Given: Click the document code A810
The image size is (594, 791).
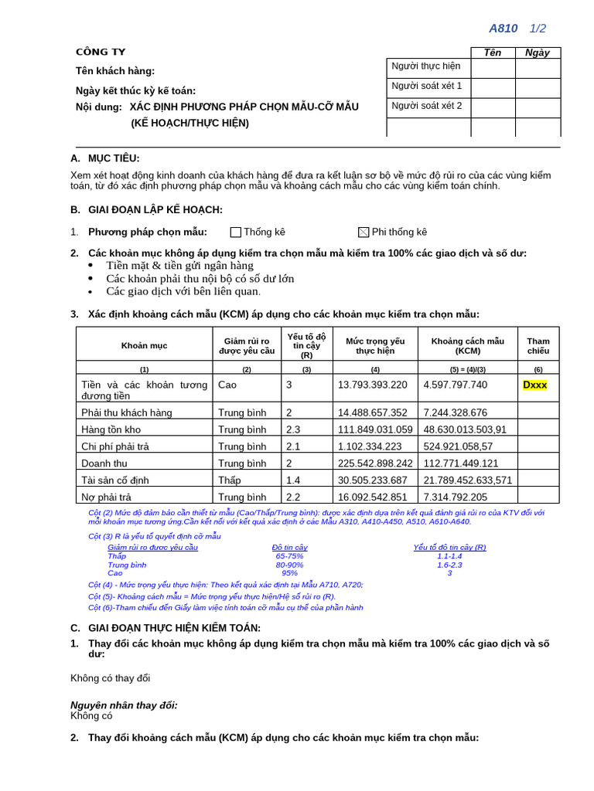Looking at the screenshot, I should (503, 29).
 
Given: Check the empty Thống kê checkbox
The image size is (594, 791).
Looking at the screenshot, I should (236, 233).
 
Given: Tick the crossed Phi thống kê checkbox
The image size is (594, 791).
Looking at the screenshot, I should (364, 233).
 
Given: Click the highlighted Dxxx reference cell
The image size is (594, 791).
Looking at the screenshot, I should (534, 385).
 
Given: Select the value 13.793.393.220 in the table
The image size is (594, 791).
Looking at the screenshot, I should (372, 385).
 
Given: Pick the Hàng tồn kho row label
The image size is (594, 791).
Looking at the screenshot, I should (111, 429).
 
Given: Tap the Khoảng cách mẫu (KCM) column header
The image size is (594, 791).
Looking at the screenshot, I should (467, 345).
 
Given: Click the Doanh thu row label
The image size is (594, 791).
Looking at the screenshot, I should (104, 463).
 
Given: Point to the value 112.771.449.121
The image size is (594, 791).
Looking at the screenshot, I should (461, 463).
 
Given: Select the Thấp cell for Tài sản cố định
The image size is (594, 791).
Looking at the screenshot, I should (230, 480).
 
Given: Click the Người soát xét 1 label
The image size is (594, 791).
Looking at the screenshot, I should (427, 86).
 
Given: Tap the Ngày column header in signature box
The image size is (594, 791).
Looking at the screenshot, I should (537, 53).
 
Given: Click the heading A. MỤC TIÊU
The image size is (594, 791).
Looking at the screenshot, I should (105, 158).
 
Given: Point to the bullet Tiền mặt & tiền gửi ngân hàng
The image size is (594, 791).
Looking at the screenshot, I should (179, 266).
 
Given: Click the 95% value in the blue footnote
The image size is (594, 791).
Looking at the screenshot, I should (289, 573).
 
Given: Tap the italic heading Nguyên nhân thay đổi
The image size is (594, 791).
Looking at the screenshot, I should (124, 704).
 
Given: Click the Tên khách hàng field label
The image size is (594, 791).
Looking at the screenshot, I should (115, 71).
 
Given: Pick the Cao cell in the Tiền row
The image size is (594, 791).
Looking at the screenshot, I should (227, 385).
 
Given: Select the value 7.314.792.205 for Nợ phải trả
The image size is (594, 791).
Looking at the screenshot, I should (456, 497).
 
